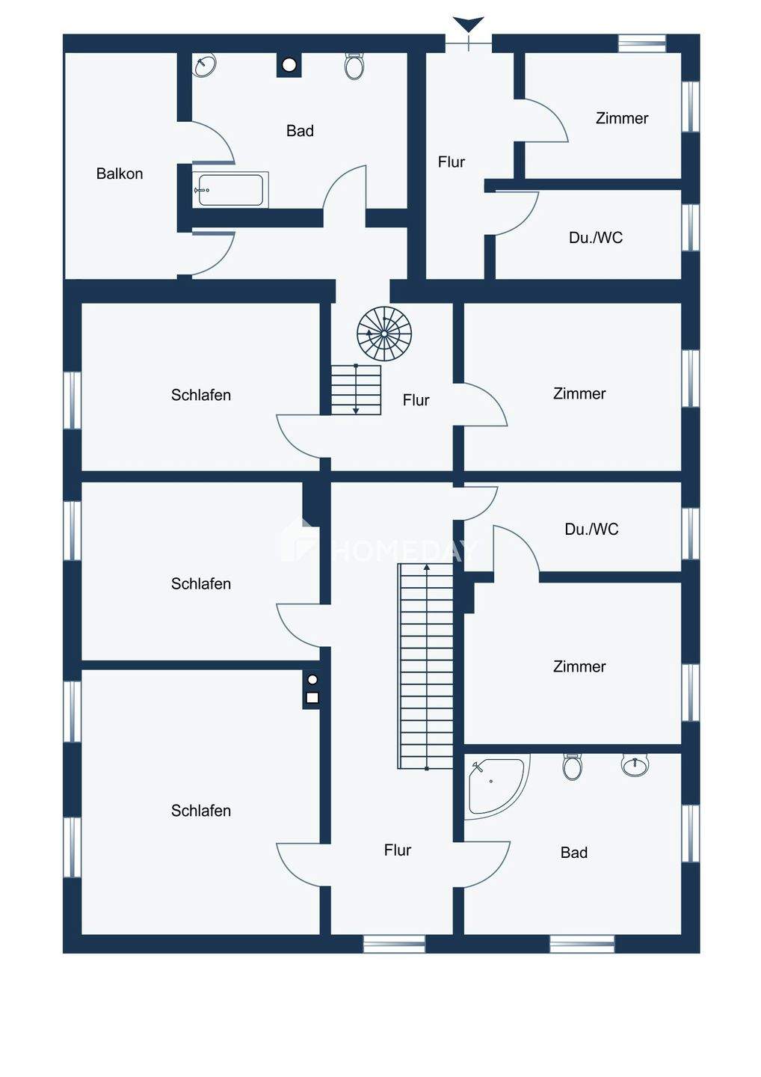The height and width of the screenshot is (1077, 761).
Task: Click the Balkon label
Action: (120, 174)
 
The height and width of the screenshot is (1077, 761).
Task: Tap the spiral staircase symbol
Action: (384, 333)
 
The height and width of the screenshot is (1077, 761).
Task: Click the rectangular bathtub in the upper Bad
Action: (230, 190)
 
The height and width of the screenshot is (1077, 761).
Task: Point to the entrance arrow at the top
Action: (469, 24)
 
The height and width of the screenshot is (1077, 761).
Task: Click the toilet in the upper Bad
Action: (354, 67)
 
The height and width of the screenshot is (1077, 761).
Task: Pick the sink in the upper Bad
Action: (204, 66)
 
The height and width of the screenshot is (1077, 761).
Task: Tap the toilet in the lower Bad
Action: (573, 767)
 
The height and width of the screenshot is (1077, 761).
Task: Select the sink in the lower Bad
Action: (635, 765)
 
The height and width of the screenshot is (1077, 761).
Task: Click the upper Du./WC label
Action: (596, 238)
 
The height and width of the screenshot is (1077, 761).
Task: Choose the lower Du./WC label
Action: (591, 530)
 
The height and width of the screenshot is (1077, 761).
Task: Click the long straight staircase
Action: (426, 666)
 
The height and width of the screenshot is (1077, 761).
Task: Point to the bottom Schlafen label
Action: (201, 811)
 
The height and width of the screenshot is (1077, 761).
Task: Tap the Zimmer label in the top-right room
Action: (622, 118)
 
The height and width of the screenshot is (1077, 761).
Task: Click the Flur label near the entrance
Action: (452, 162)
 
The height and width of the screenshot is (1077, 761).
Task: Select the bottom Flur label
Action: (398, 850)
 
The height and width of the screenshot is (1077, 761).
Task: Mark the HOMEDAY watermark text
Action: (404, 552)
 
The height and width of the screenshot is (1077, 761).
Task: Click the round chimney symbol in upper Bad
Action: (289, 65)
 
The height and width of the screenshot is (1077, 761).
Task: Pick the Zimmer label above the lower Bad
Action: (579, 666)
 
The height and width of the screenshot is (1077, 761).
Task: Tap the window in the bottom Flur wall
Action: (394, 944)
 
